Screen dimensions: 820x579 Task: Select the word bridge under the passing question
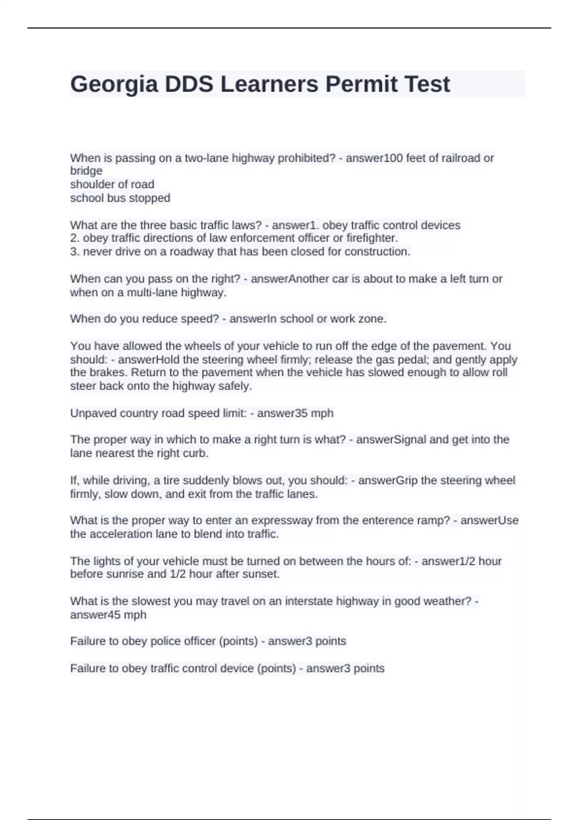[86, 171]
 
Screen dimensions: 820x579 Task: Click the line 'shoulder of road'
[112, 184]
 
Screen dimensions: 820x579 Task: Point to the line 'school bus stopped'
[120, 198]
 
